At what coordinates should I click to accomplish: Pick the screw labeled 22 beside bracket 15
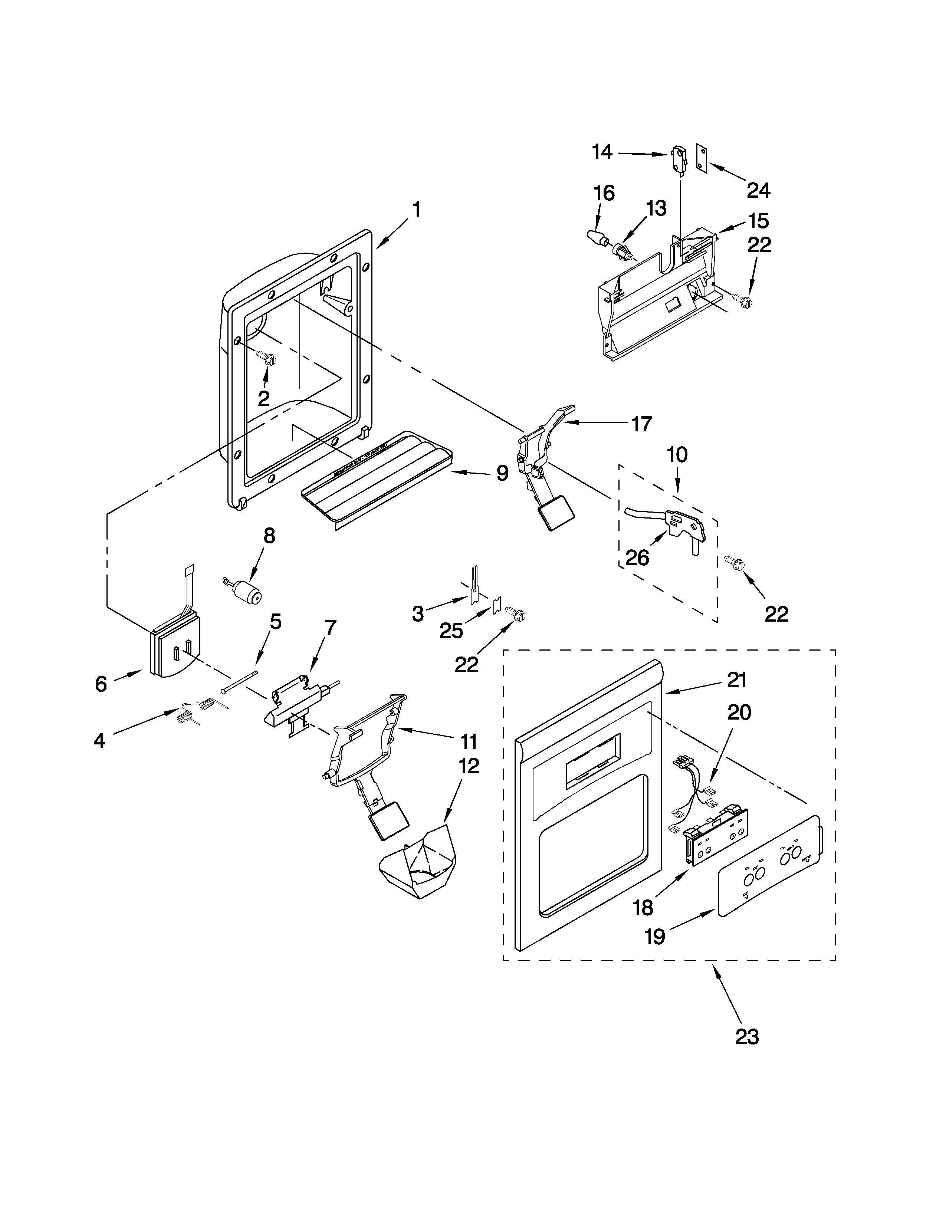pyautogui.click(x=744, y=301)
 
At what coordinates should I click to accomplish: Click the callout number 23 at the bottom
pyautogui.click(x=747, y=1037)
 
